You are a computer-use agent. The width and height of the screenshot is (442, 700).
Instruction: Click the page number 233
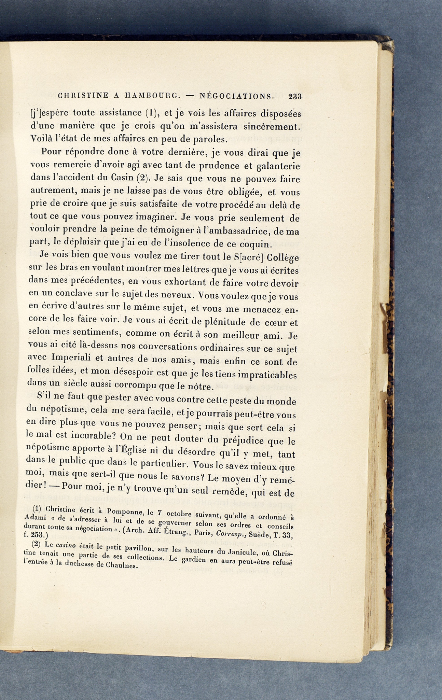(294, 96)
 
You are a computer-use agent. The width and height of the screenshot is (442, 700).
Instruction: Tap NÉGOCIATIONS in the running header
(236, 96)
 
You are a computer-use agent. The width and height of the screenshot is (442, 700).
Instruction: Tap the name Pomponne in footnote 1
(123, 511)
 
